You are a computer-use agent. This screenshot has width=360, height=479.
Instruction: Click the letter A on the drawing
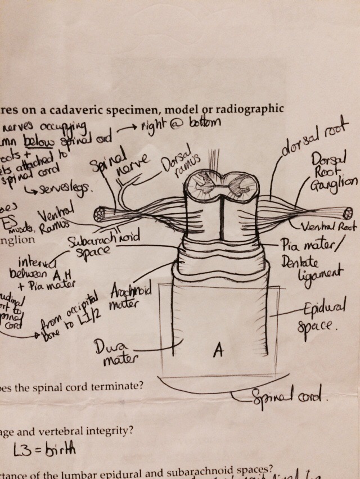(x=219, y=351)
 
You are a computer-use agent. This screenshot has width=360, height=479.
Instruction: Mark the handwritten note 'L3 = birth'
(x=44, y=449)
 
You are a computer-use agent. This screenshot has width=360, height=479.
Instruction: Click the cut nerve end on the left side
(x=102, y=215)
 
